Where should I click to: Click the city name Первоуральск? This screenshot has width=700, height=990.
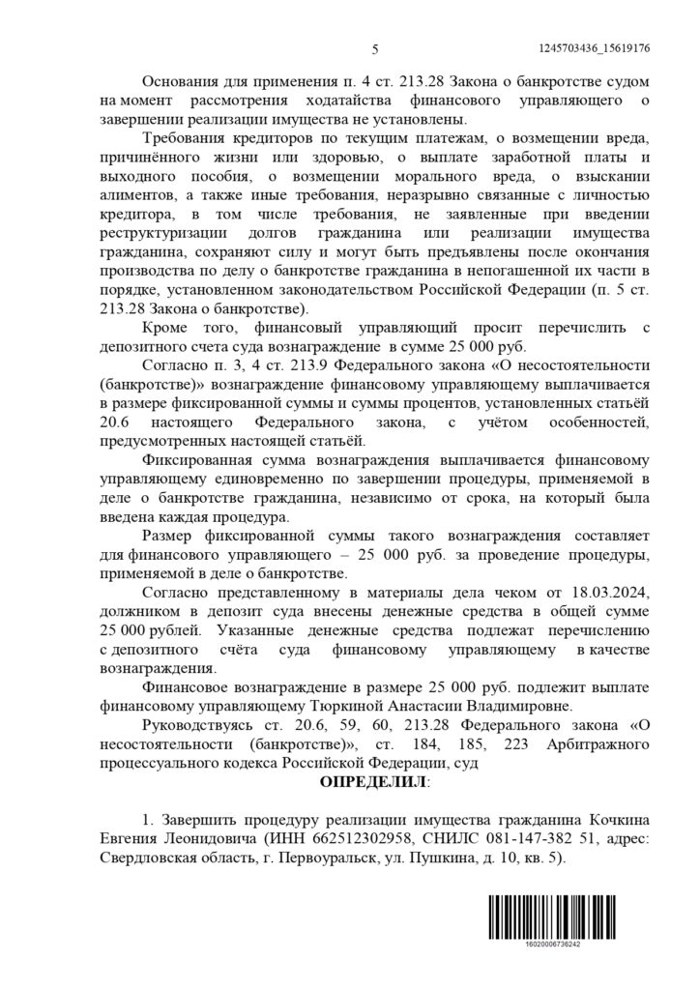point(318,855)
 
